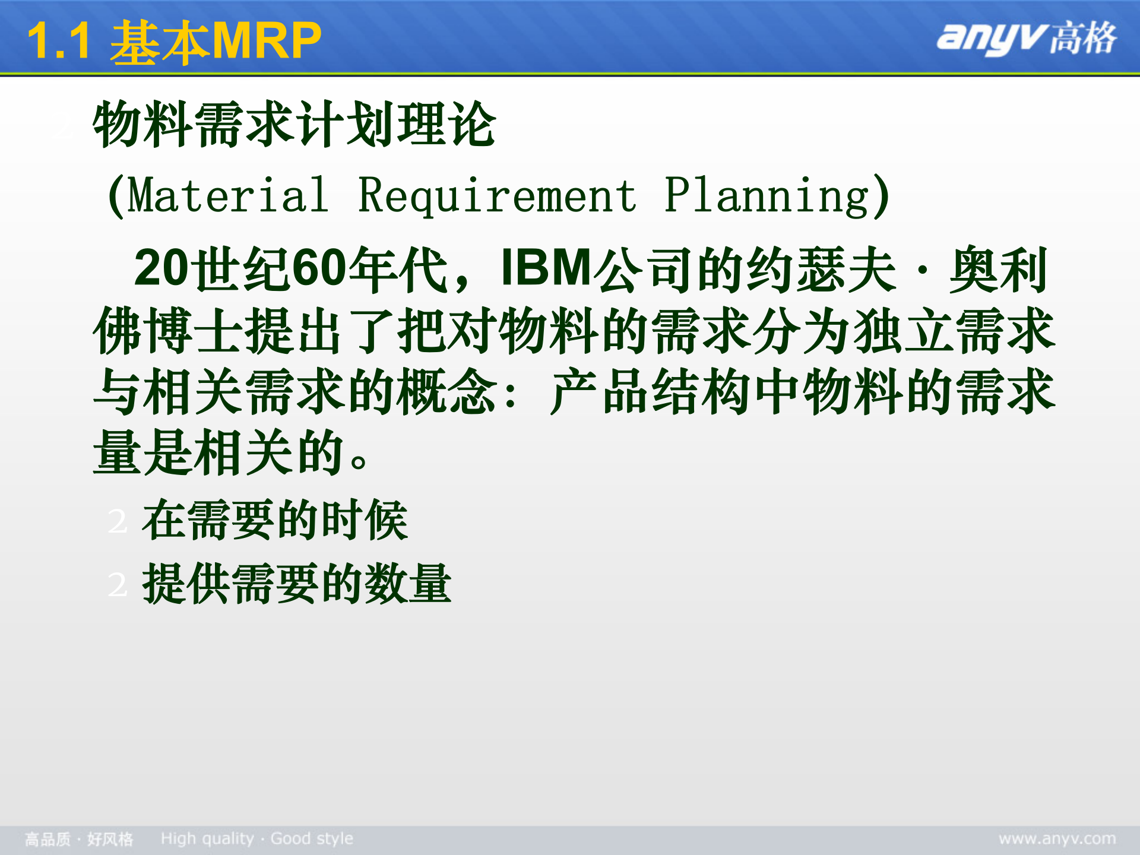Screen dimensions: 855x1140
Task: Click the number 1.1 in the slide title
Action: point(58,42)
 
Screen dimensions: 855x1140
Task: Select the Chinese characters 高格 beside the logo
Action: point(1083,38)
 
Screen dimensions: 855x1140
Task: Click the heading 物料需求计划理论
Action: point(294,125)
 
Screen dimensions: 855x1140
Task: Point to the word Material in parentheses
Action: point(228,196)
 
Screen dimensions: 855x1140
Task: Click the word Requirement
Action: point(498,196)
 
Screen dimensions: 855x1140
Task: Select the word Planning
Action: point(766,196)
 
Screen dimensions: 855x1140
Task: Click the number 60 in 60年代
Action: point(319,268)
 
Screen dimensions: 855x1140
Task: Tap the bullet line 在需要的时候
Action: point(275,520)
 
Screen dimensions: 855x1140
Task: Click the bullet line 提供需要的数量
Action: point(297,584)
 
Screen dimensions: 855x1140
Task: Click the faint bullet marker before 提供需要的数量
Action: point(118,585)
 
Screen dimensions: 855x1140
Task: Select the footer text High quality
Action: point(207,839)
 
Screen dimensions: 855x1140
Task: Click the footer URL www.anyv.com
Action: point(1057,839)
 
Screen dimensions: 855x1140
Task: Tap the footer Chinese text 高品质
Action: point(47,840)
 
